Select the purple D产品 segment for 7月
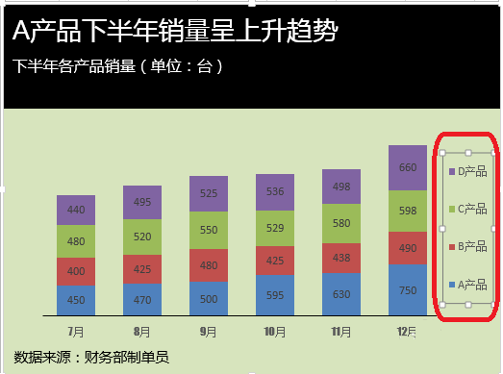(x=75, y=210)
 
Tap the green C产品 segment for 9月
(x=208, y=231)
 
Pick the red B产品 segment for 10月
(x=274, y=260)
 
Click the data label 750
(x=407, y=290)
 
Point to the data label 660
(x=407, y=168)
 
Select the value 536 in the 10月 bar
(x=274, y=191)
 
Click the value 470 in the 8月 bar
(x=141, y=299)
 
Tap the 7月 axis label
(x=75, y=331)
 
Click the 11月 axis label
(x=340, y=331)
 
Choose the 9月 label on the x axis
(x=208, y=331)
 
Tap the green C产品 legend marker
(x=452, y=209)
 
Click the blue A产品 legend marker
(x=452, y=285)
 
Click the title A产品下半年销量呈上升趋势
(x=175, y=32)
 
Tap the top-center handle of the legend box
(x=467, y=153)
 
